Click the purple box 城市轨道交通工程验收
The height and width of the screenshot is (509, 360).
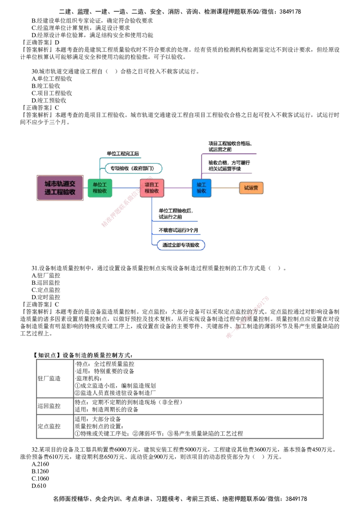pyautogui.click(x=61, y=188)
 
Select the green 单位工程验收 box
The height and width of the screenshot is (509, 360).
pyautogui.click(x=99, y=188)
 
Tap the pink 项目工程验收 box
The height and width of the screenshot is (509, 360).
pyautogui.click(x=152, y=188)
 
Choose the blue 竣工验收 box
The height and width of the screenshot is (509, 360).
pyautogui.click(x=201, y=188)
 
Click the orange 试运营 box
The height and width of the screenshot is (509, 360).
pyautogui.click(x=251, y=188)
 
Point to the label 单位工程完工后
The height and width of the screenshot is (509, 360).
pyautogui.click(x=123, y=153)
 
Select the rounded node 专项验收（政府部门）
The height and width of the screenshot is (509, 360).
pyautogui.click(x=133, y=169)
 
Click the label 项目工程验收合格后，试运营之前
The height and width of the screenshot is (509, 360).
pyautogui.click(x=229, y=146)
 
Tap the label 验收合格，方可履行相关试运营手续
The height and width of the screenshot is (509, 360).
pyautogui.click(x=229, y=165)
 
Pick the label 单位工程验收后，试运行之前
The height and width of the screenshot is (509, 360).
pyautogui.click(x=176, y=213)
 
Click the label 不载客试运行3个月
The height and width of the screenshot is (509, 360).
pyautogui.click(x=178, y=230)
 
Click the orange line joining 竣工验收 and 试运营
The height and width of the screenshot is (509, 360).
pyautogui.click(x=225, y=188)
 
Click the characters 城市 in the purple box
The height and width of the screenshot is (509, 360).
pyautogui.click(x=50, y=184)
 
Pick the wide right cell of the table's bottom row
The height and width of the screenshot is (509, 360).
pyautogui.click(x=198, y=426)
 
